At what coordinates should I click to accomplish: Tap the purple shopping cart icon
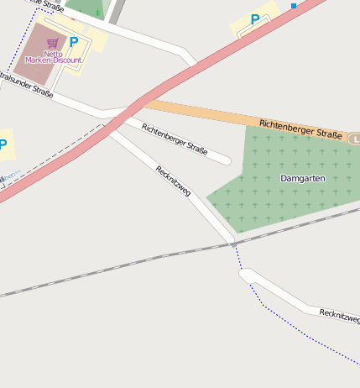52,42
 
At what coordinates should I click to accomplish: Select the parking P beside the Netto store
74,41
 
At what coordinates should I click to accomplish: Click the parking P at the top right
255,19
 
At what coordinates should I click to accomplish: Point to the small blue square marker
294,6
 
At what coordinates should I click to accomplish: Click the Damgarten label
300,179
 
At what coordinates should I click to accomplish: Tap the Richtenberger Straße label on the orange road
300,129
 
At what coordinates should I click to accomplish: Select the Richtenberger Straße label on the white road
175,139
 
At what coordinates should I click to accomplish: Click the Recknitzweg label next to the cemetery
173,181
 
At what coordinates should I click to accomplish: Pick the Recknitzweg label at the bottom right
339,317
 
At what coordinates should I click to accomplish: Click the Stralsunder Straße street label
25,85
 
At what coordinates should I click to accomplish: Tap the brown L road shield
354,139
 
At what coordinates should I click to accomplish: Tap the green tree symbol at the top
97,12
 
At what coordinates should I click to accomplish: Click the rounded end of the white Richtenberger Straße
225,159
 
